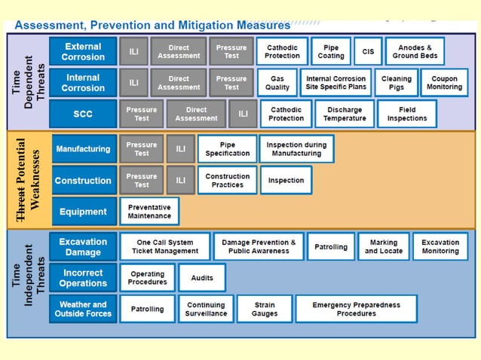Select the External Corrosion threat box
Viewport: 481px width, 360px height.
(x=83, y=51)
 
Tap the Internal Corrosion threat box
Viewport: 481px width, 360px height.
(x=83, y=83)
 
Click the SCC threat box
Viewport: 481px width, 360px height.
(x=83, y=114)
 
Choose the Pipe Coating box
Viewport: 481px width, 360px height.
(x=331, y=51)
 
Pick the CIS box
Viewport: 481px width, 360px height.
(x=368, y=51)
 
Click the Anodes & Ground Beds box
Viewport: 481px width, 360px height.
(x=415, y=51)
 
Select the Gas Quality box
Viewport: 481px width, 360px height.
(x=277, y=83)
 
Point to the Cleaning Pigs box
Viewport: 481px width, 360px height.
(x=397, y=83)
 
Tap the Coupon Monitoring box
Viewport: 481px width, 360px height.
(x=444, y=83)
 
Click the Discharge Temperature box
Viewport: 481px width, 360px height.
(x=344, y=114)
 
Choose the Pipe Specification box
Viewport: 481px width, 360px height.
(x=227, y=149)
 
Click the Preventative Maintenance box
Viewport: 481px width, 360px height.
(x=149, y=212)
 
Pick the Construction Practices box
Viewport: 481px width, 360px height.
(x=227, y=181)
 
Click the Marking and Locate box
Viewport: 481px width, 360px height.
(x=384, y=247)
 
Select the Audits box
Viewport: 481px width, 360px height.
(x=202, y=278)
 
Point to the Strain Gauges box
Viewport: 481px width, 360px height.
(x=265, y=309)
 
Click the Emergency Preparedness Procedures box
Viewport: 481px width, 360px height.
(x=357, y=309)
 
